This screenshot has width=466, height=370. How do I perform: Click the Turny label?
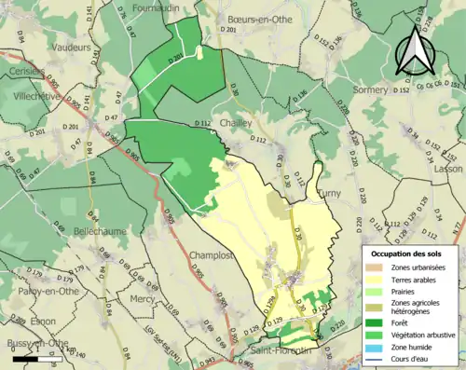click(x=332, y=191)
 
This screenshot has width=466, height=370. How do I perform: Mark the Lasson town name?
click(x=447, y=169)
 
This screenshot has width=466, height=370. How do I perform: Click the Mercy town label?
click(x=143, y=299)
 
